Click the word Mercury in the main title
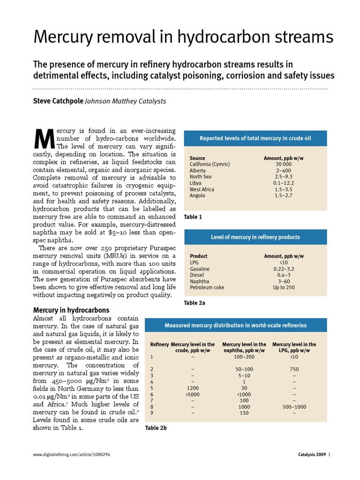[x=64, y=37]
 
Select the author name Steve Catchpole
[x=58, y=101]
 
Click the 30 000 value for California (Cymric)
[x=283, y=165]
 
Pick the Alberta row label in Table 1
[x=197, y=171]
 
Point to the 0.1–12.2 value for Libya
[x=283, y=183]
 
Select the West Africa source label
[x=202, y=189]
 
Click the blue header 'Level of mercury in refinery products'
[x=255, y=237]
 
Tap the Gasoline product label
[x=199, y=269]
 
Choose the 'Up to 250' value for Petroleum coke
[x=284, y=287]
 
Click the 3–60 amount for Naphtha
[x=284, y=281]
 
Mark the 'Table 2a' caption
[x=195, y=303]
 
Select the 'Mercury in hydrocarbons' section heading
[x=71, y=310]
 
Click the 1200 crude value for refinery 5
[x=193, y=388]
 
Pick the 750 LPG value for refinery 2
[x=294, y=369]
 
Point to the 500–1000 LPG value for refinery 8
[x=294, y=407]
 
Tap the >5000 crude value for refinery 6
[x=193, y=394]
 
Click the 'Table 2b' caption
[x=156, y=428]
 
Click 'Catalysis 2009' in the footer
[x=312, y=455]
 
